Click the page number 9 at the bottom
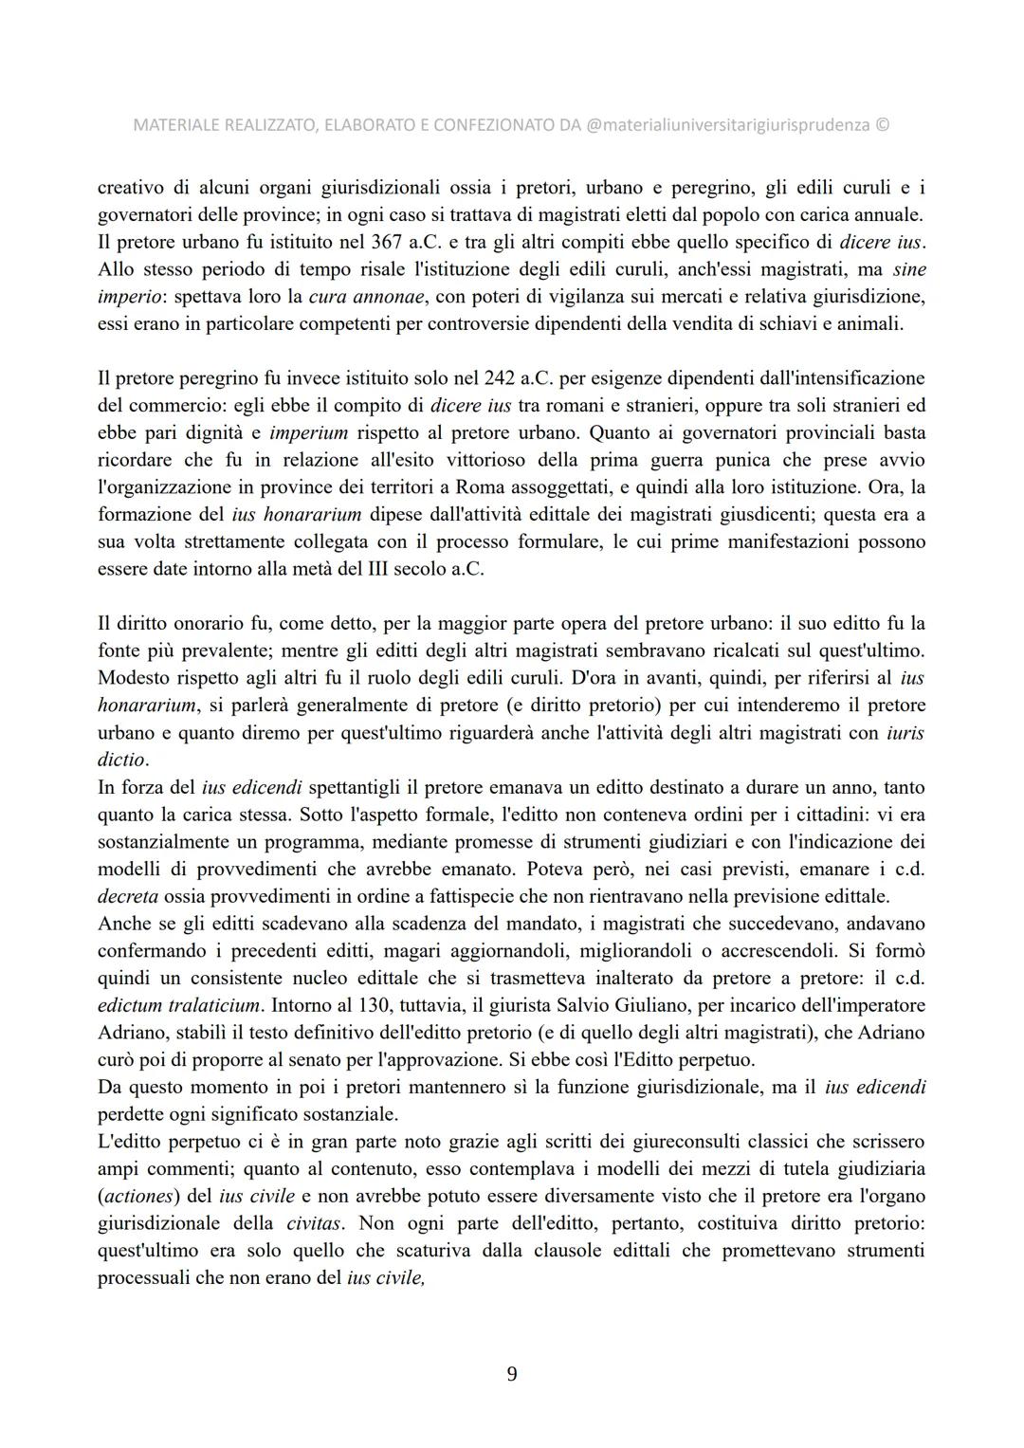[512, 1374]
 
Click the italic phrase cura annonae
[368, 297]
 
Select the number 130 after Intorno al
[362, 1005]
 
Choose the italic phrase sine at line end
[909, 269]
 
